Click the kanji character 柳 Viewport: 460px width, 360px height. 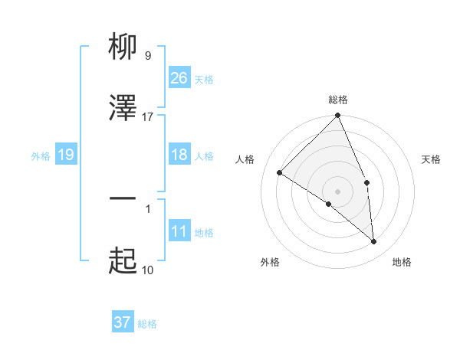pyautogui.click(x=123, y=47)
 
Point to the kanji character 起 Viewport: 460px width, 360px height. pyautogui.click(x=123, y=261)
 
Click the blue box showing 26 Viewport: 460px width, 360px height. pyautogui.click(x=179, y=78)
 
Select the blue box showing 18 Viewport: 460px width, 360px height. pyautogui.click(x=179, y=155)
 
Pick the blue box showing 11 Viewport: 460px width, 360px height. pyautogui.click(x=179, y=231)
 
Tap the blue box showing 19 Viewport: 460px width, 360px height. pyautogui.click(x=66, y=155)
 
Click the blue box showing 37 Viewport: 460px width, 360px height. pyautogui.click(x=123, y=322)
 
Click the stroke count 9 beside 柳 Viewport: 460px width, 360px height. pyautogui.click(x=147, y=55)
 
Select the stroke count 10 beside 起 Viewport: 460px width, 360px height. pyautogui.click(x=147, y=270)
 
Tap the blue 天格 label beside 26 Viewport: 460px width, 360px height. pyautogui.click(x=204, y=79)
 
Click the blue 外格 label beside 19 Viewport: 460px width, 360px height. pyautogui.click(x=41, y=155)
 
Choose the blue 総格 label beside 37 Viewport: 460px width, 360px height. pyautogui.click(x=147, y=324)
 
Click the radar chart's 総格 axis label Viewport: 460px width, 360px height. pyautogui.click(x=338, y=100)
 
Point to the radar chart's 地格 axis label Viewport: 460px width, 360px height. pyautogui.click(x=402, y=262)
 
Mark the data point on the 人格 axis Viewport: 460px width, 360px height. pyautogui.click(x=280, y=173)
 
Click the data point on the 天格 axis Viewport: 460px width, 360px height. pyautogui.click(x=366, y=182)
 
